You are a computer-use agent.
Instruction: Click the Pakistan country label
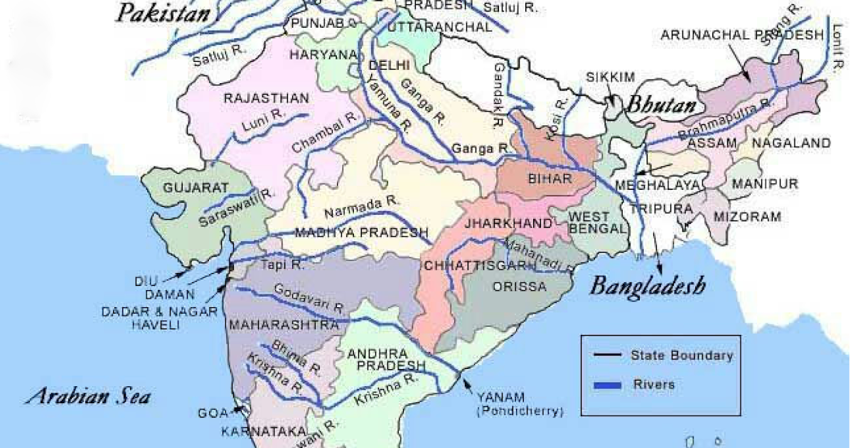click(x=164, y=13)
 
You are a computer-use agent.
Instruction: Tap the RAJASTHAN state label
click(x=266, y=98)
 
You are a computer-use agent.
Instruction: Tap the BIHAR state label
click(x=550, y=179)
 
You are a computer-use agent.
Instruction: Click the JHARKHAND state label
click(x=508, y=223)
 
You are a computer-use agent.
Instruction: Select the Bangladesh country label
click(x=648, y=286)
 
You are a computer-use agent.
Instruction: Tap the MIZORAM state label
click(x=747, y=216)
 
